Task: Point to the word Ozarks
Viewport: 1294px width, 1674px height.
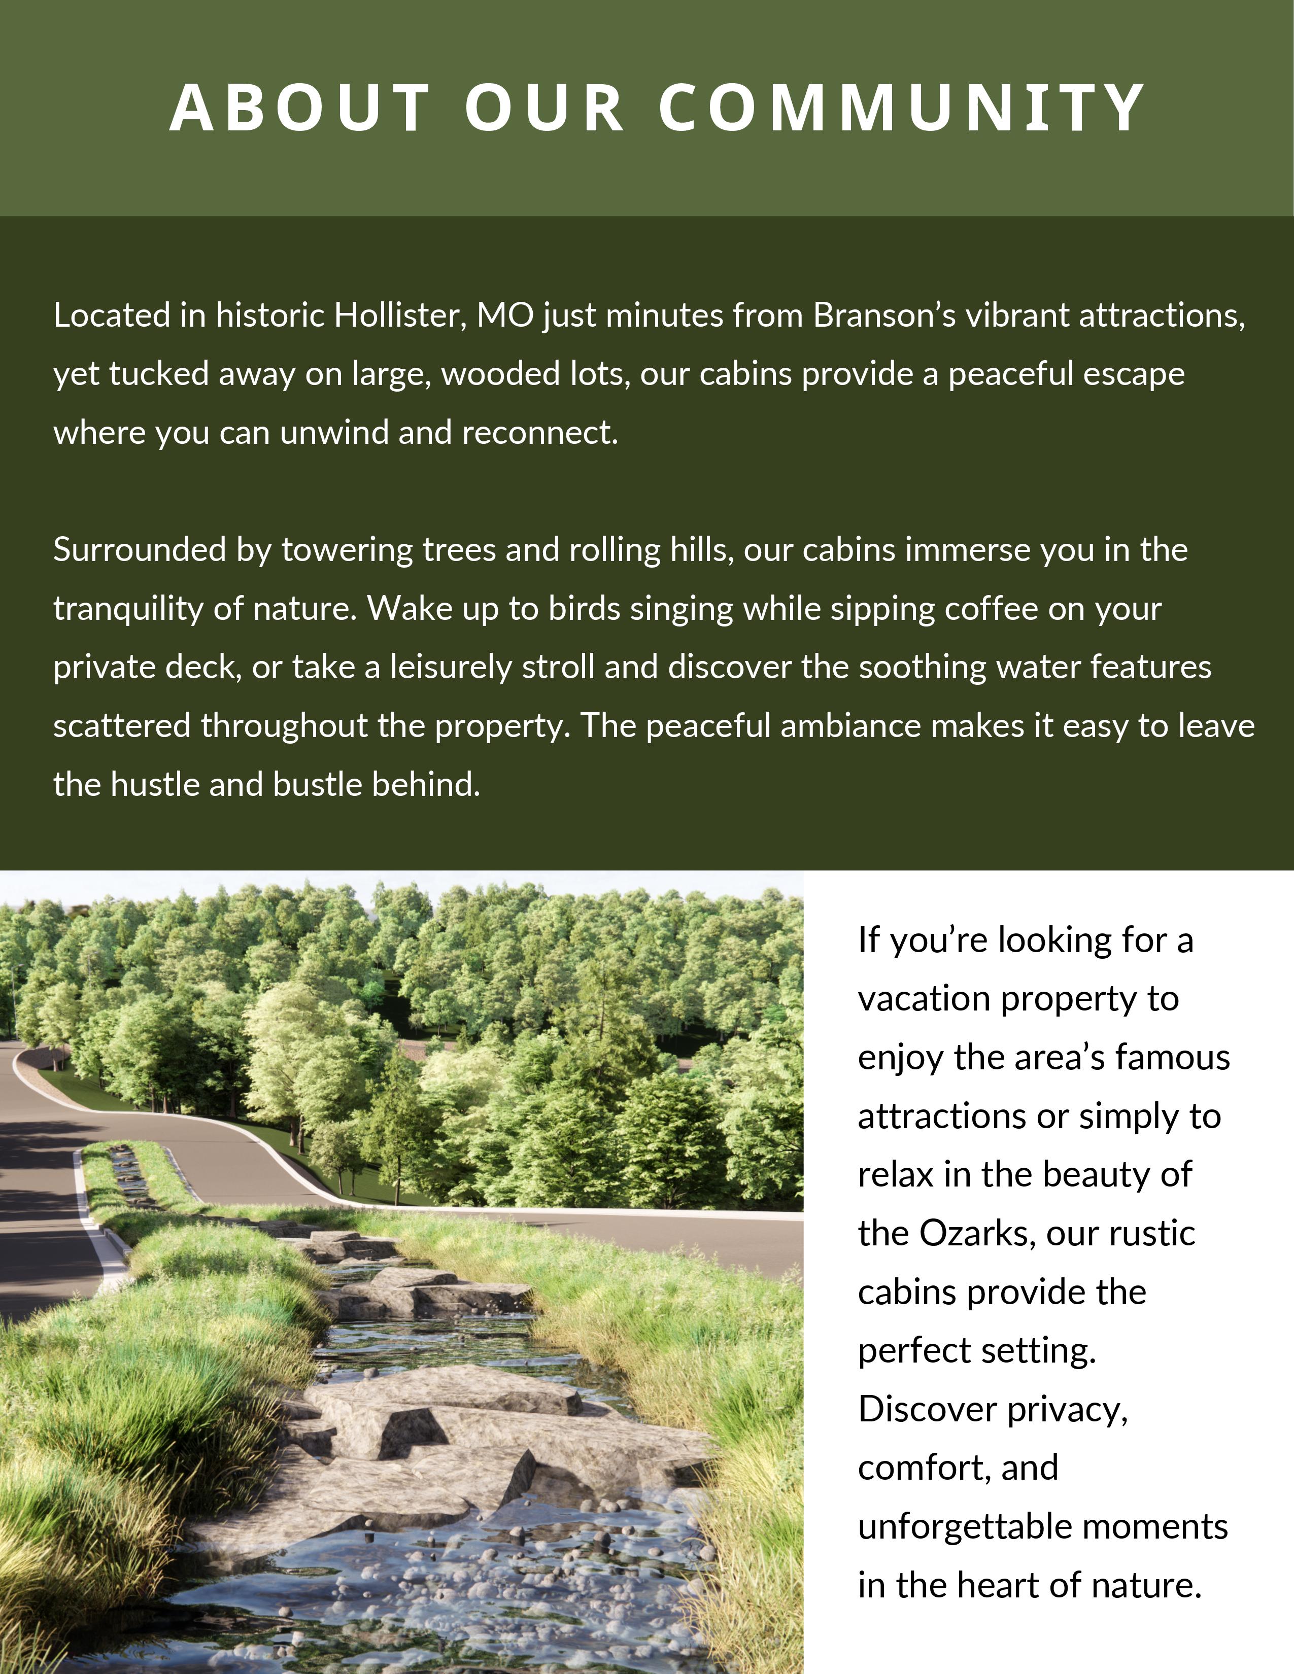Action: tap(977, 1233)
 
